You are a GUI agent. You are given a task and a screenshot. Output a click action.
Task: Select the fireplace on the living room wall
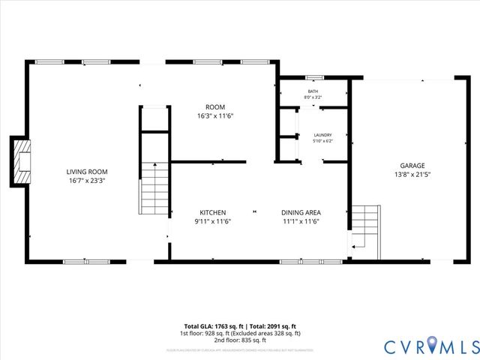19,160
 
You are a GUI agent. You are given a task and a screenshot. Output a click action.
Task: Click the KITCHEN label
212,212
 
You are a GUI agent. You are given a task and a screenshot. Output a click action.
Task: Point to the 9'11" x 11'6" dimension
212,221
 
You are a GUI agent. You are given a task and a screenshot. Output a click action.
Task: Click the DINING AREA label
301,212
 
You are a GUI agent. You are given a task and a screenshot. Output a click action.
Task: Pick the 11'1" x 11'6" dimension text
301,221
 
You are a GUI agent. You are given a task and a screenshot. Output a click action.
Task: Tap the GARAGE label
412,166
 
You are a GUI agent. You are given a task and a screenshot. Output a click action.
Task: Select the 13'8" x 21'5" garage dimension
412,175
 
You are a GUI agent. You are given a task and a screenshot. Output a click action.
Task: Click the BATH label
313,91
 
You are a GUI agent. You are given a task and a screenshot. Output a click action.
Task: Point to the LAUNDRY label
322,135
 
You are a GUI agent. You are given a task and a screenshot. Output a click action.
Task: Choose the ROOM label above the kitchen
215,107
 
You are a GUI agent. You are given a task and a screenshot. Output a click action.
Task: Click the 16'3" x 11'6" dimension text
215,116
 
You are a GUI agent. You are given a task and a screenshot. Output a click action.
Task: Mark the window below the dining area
301,261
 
